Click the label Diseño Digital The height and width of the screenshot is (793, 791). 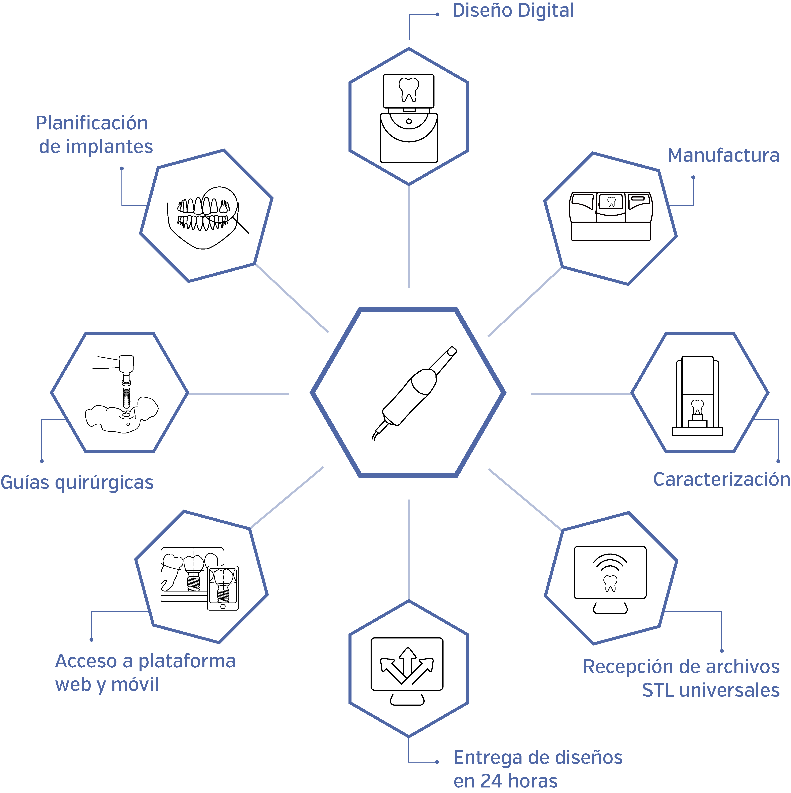[x=513, y=11]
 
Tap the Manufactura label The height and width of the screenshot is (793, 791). [x=723, y=156]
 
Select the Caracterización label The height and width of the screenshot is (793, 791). [x=722, y=479]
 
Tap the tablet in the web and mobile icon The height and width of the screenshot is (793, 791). [x=223, y=588]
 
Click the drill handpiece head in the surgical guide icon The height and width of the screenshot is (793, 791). [x=126, y=364]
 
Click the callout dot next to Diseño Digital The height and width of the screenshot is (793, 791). [x=438, y=15]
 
